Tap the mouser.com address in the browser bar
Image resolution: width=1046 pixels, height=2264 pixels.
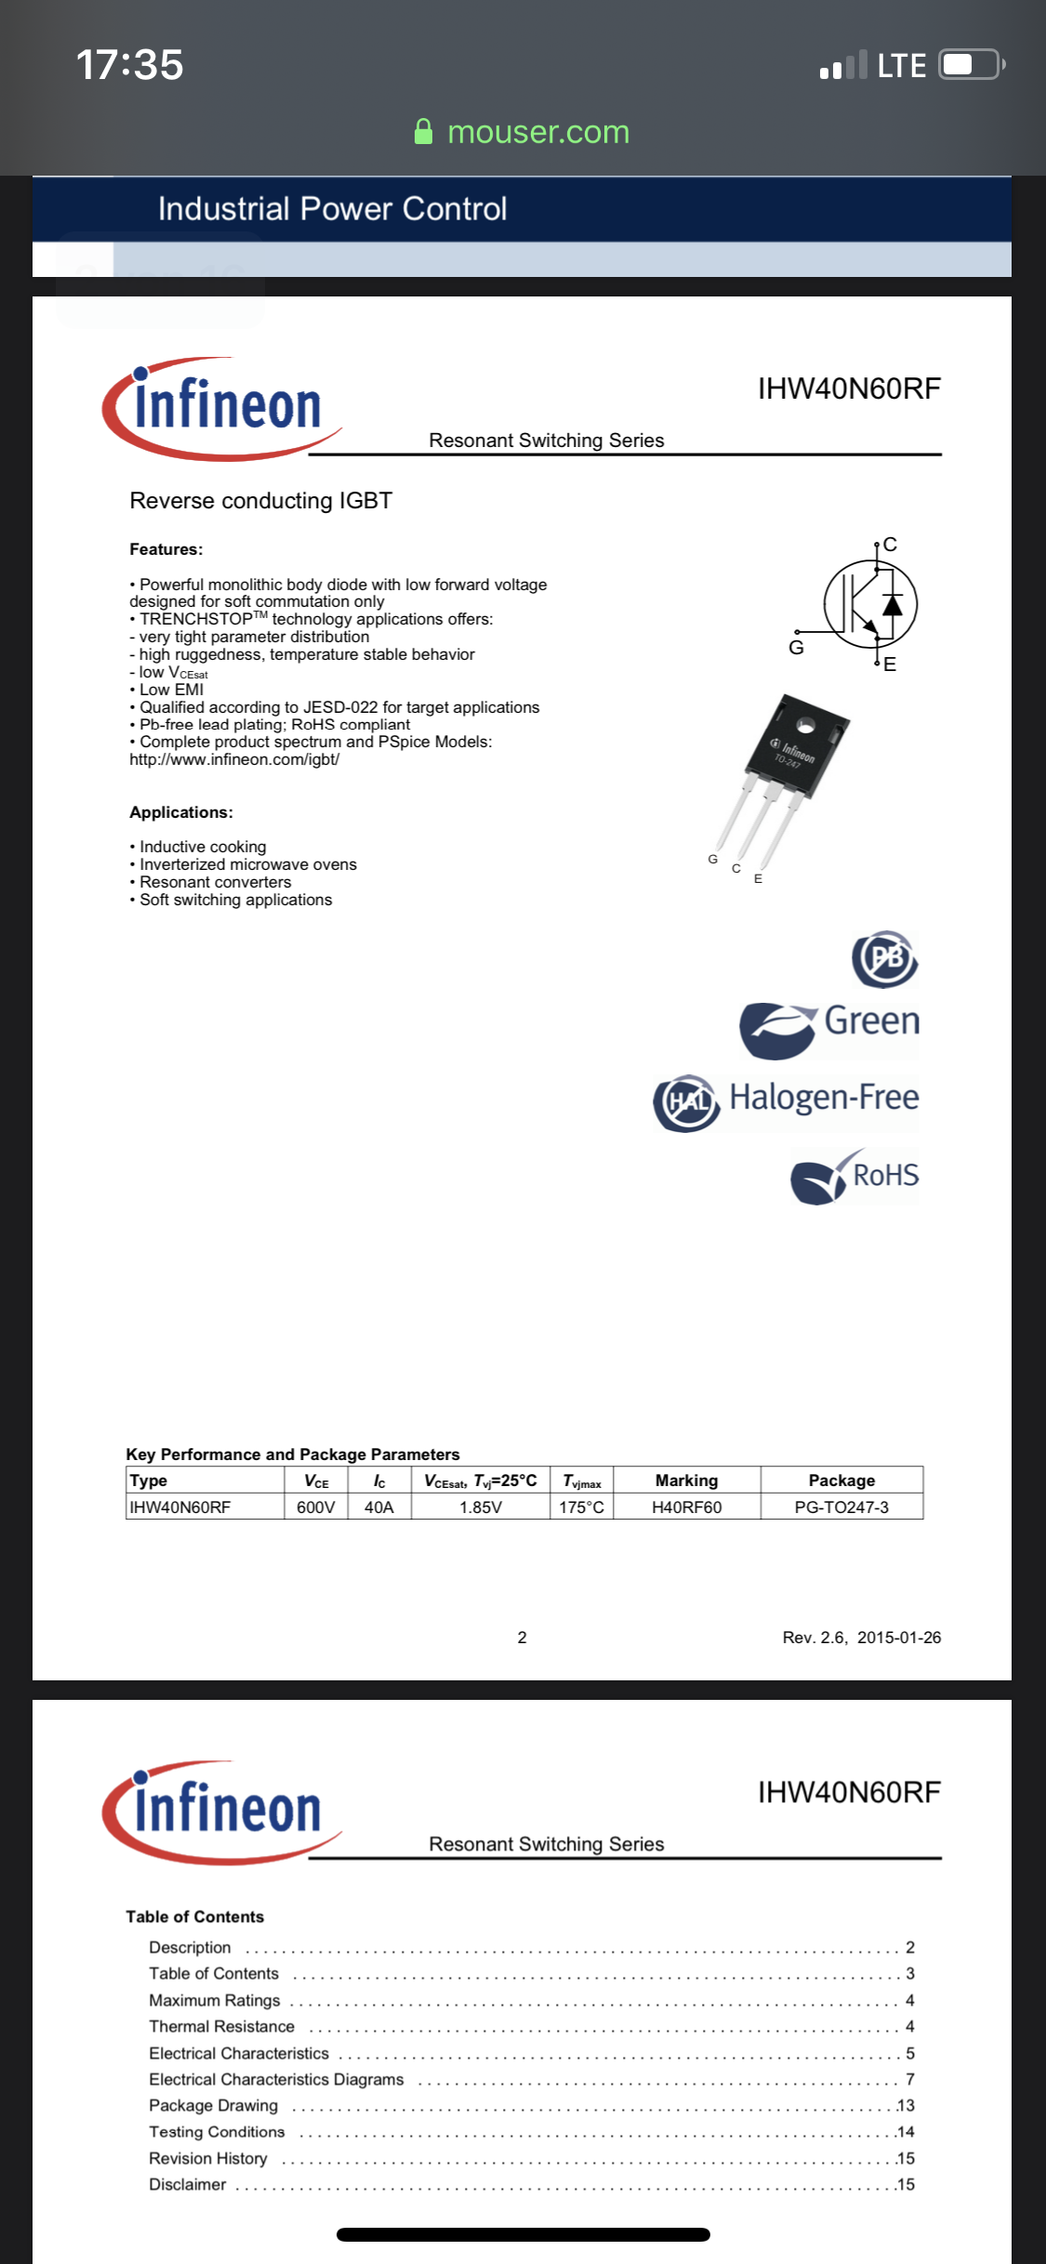tap(537, 132)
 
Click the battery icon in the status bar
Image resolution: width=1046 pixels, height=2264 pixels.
tap(970, 65)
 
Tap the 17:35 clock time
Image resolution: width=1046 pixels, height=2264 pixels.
tap(129, 65)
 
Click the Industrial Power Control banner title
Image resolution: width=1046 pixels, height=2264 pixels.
tap(332, 209)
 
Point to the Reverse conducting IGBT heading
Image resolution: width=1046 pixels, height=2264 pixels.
tap(260, 501)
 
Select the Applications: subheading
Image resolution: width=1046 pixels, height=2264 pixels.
tap(181, 812)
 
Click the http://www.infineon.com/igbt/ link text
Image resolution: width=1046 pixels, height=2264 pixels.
tap(234, 759)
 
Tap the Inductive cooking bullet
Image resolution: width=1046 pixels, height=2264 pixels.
tap(203, 847)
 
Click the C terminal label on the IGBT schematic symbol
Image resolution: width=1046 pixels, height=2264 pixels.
tap(890, 545)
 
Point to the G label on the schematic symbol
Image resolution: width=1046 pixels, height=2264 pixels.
tap(796, 648)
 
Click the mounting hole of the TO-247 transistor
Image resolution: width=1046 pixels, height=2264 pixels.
tap(805, 725)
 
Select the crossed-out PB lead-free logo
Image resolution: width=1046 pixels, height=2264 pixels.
tap(884, 958)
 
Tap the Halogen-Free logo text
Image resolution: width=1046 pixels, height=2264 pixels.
tap(824, 1098)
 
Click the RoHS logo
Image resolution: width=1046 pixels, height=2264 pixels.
tap(854, 1177)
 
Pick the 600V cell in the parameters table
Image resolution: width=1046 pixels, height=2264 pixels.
tap(315, 1507)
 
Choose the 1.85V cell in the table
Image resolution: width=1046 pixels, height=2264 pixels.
tap(480, 1507)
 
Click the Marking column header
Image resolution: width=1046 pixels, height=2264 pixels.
tap(686, 1481)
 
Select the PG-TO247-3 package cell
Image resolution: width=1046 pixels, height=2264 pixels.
tap(841, 1507)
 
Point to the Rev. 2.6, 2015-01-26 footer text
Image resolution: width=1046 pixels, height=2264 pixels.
tap(861, 1638)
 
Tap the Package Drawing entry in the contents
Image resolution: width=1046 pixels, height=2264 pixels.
tap(213, 2105)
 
